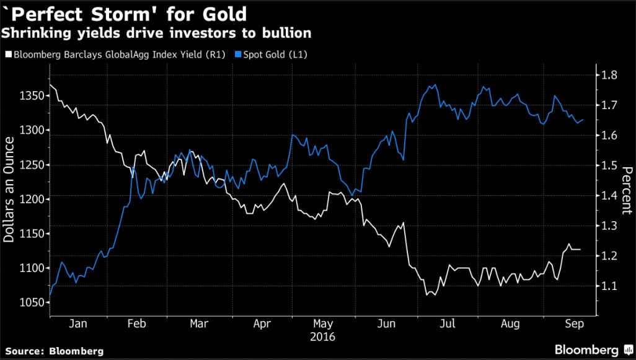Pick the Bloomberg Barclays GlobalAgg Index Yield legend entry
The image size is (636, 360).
tap(112, 55)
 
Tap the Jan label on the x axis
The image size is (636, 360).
tap(78, 323)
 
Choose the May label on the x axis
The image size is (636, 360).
tap(324, 323)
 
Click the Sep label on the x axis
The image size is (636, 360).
tap(571, 323)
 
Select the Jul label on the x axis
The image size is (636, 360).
tap(448, 323)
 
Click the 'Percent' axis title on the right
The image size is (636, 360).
tap(627, 190)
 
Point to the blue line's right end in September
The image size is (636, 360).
tap(583, 120)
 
